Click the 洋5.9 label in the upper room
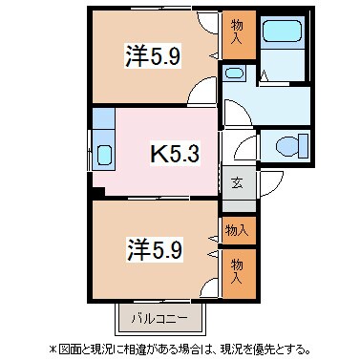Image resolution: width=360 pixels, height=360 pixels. [x=150, y=56]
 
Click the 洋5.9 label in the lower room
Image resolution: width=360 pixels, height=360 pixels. [x=150, y=249]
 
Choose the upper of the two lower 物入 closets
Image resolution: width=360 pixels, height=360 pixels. [x=237, y=230]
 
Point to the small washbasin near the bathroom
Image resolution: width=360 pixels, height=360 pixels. [x=232, y=74]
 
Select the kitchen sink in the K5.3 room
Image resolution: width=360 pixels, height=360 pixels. [x=104, y=154]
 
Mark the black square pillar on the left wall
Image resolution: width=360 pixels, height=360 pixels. [x=96, y=194]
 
